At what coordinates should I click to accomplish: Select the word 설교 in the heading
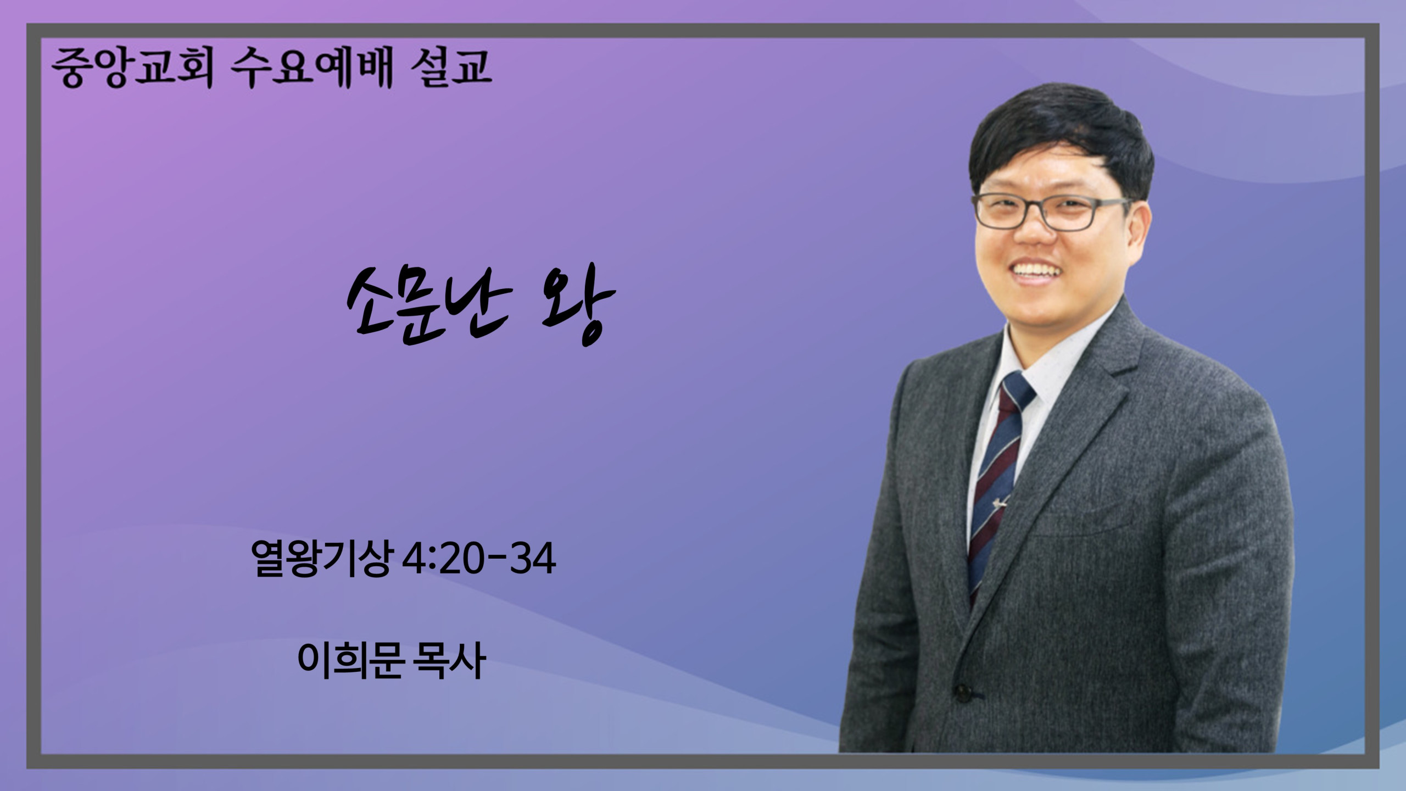(451, 68)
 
